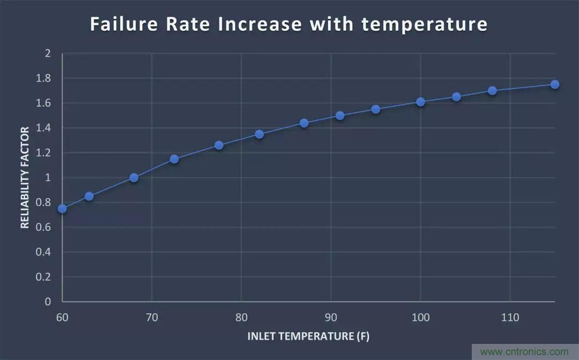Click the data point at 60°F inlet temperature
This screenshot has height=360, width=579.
tap(62, 208)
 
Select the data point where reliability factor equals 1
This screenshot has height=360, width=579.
tap(134, 178)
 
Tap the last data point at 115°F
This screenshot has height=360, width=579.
tap(555, 84)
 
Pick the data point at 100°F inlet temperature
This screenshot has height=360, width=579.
tap(420, 101)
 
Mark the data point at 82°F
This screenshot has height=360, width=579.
tap(259, 134)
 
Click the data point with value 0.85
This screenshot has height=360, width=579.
tap(89, 196)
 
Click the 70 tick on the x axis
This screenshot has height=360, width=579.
tap(152, 318)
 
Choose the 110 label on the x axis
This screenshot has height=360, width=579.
tap(510, 318)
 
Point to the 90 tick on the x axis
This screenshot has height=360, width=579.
tap(331, 318)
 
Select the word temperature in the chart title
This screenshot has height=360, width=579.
tap(425, 25)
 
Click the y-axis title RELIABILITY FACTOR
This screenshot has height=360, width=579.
tap(25, 178)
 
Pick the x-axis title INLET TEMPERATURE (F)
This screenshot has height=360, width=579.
tap(308, 336)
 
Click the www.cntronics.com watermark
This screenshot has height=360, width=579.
tap(524, 352)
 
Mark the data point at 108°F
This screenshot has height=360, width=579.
tap(492, 91)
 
